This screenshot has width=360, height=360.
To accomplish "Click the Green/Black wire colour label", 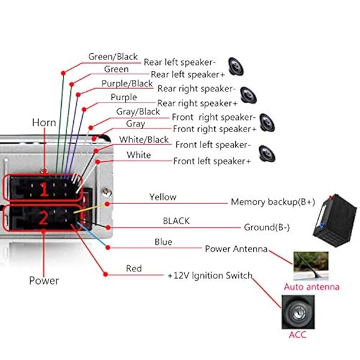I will tap(113, 56).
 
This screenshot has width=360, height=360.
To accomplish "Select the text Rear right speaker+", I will tap(193, 104).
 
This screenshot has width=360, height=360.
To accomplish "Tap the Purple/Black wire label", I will tap(127, 83).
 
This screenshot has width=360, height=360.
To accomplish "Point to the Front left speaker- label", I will tap(212, 145).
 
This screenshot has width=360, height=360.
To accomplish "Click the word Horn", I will tap(44, 122).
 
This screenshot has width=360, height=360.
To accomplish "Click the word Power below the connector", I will tap(44, 280).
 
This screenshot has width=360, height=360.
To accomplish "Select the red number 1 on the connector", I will tap(43, 191).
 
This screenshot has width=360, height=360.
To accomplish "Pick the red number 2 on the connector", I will tap(43, 219).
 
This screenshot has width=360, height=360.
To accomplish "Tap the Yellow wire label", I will tap(163, 197).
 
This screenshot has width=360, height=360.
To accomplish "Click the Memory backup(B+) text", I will tap(272, 202).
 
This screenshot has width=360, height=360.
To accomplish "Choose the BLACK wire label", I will tap(176, 221).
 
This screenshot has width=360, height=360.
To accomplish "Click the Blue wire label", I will tap(163, 242).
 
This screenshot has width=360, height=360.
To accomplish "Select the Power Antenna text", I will tap(236, 248).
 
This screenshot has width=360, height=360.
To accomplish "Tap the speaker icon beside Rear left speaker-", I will tap(235, 63).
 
